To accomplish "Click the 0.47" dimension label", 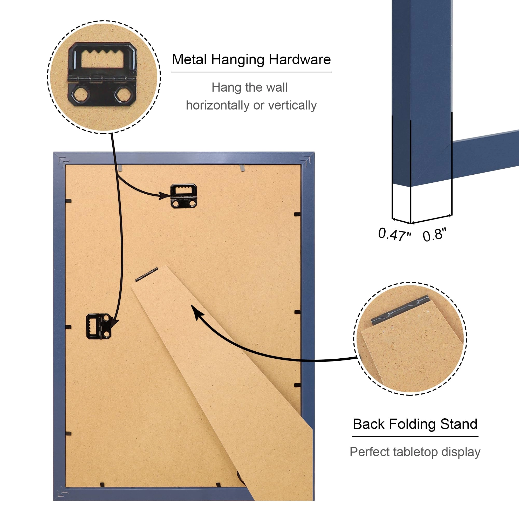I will [394, 234].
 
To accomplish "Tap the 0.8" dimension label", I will [434, 235].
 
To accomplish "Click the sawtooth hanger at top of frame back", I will [184, 196].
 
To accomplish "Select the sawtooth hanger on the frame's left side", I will [98, 326].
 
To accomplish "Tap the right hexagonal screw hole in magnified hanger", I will [124, 95].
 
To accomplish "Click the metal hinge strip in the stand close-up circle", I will [399, 310].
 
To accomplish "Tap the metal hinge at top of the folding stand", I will [146, 275].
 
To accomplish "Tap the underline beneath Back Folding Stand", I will [415, 436].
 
